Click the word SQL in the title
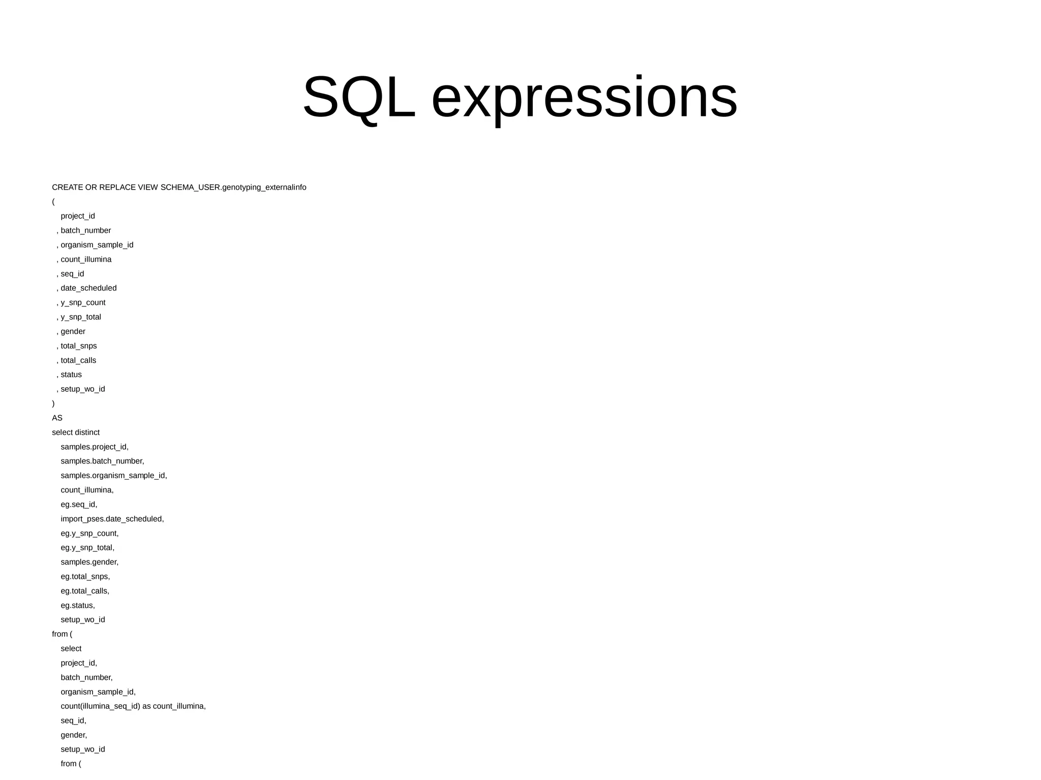(359, 98)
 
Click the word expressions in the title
(584, 98)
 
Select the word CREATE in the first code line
(67, 188)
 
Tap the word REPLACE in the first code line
(117, 188)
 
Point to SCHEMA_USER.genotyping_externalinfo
(233, 188)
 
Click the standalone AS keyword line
(57, 418)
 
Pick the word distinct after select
(87, 432)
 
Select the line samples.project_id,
(95, 447)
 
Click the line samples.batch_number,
(102, 461)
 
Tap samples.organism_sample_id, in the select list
(114, 476)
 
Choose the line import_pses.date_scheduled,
(112, 519)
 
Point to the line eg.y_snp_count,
(89, 534)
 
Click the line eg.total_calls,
(85, 591)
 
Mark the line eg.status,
(78, 606)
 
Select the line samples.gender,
(89, 562)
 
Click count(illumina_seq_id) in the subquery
(100, 706)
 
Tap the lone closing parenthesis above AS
(53, 404)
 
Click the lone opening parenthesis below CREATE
(53, 202)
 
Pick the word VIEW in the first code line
(148, 188)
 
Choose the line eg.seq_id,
(79, 505)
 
